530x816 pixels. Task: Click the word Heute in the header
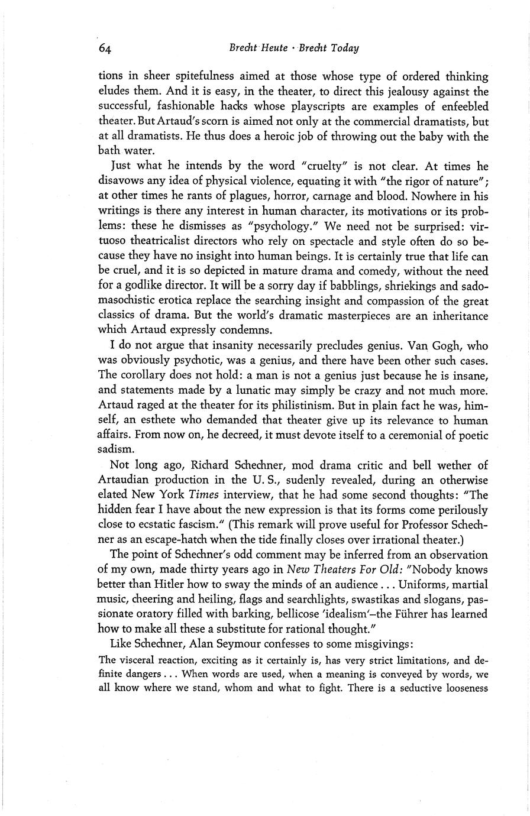[270, 48]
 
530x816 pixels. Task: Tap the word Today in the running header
[345, 48]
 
